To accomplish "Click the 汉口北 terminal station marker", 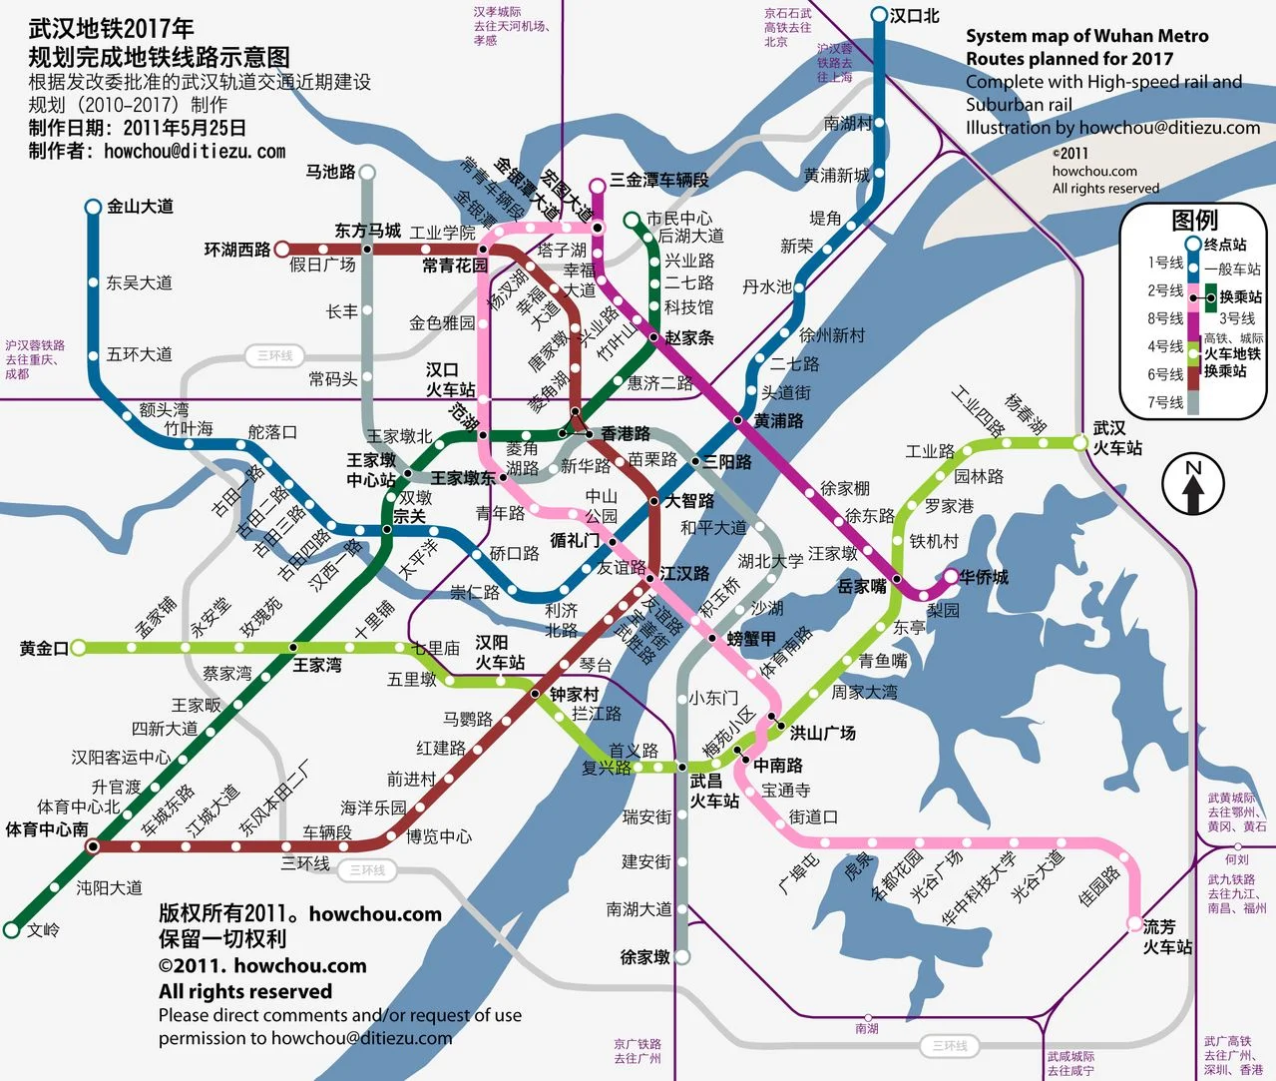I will tap(879, 15).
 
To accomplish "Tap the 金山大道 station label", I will tap(140, 207).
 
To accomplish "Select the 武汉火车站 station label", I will tap(1117, 438).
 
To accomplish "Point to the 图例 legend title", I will tap(1194, 220).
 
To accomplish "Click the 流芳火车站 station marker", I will tap(1134, 923).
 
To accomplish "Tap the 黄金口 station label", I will tap(44, 649).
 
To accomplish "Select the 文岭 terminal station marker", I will tap(12, 929).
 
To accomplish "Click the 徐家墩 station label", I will tap(644, 957).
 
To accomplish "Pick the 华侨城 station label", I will tap(984, 577).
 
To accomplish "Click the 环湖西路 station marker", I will tap(282, 249).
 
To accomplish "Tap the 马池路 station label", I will tap(330, 172).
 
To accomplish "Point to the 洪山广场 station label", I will tap(822, 733).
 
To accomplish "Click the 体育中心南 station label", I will tap(47, 829).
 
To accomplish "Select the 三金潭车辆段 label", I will tap(658, 180).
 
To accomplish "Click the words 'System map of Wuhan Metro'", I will tap(1086, 36).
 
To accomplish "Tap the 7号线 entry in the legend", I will tap(1164, 402).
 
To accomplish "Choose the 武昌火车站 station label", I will tap(713, 791).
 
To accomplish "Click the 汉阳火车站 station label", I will tap(499, 652).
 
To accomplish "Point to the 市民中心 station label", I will tap(678, 218).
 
